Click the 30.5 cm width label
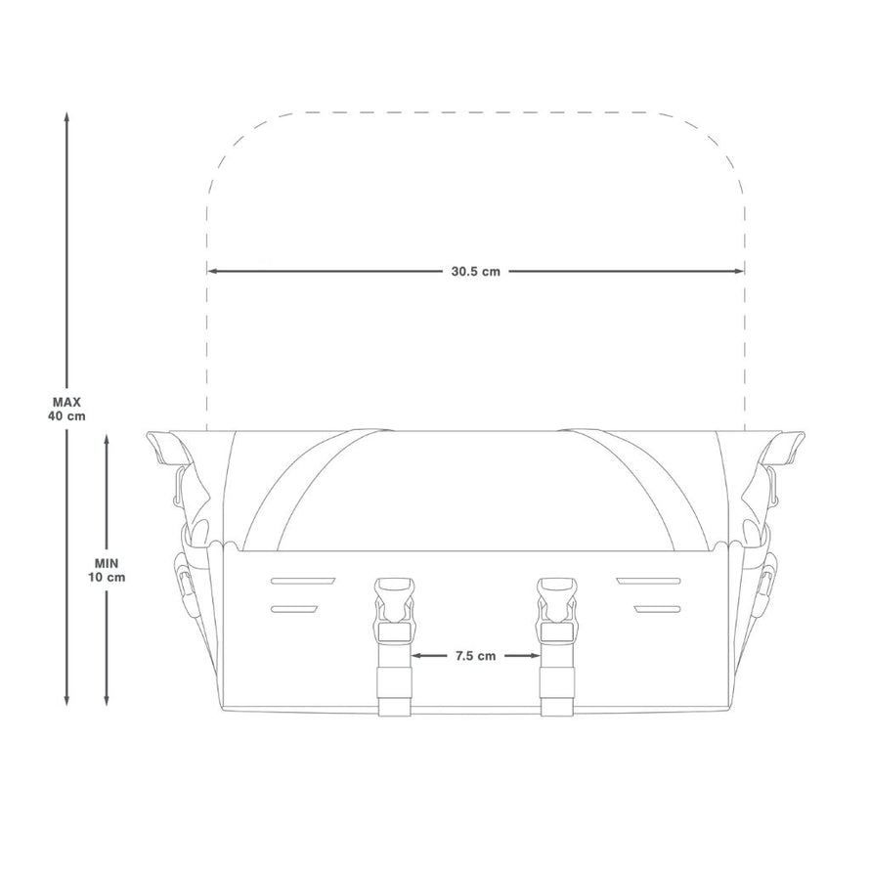click(x=476, y=272)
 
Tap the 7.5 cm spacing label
click(x=476, y=656)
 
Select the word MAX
click(x=66, y=402)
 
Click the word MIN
click(x=106, y=564)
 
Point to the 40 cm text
click(x=66, y=414)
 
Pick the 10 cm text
click(x=106, y=577)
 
